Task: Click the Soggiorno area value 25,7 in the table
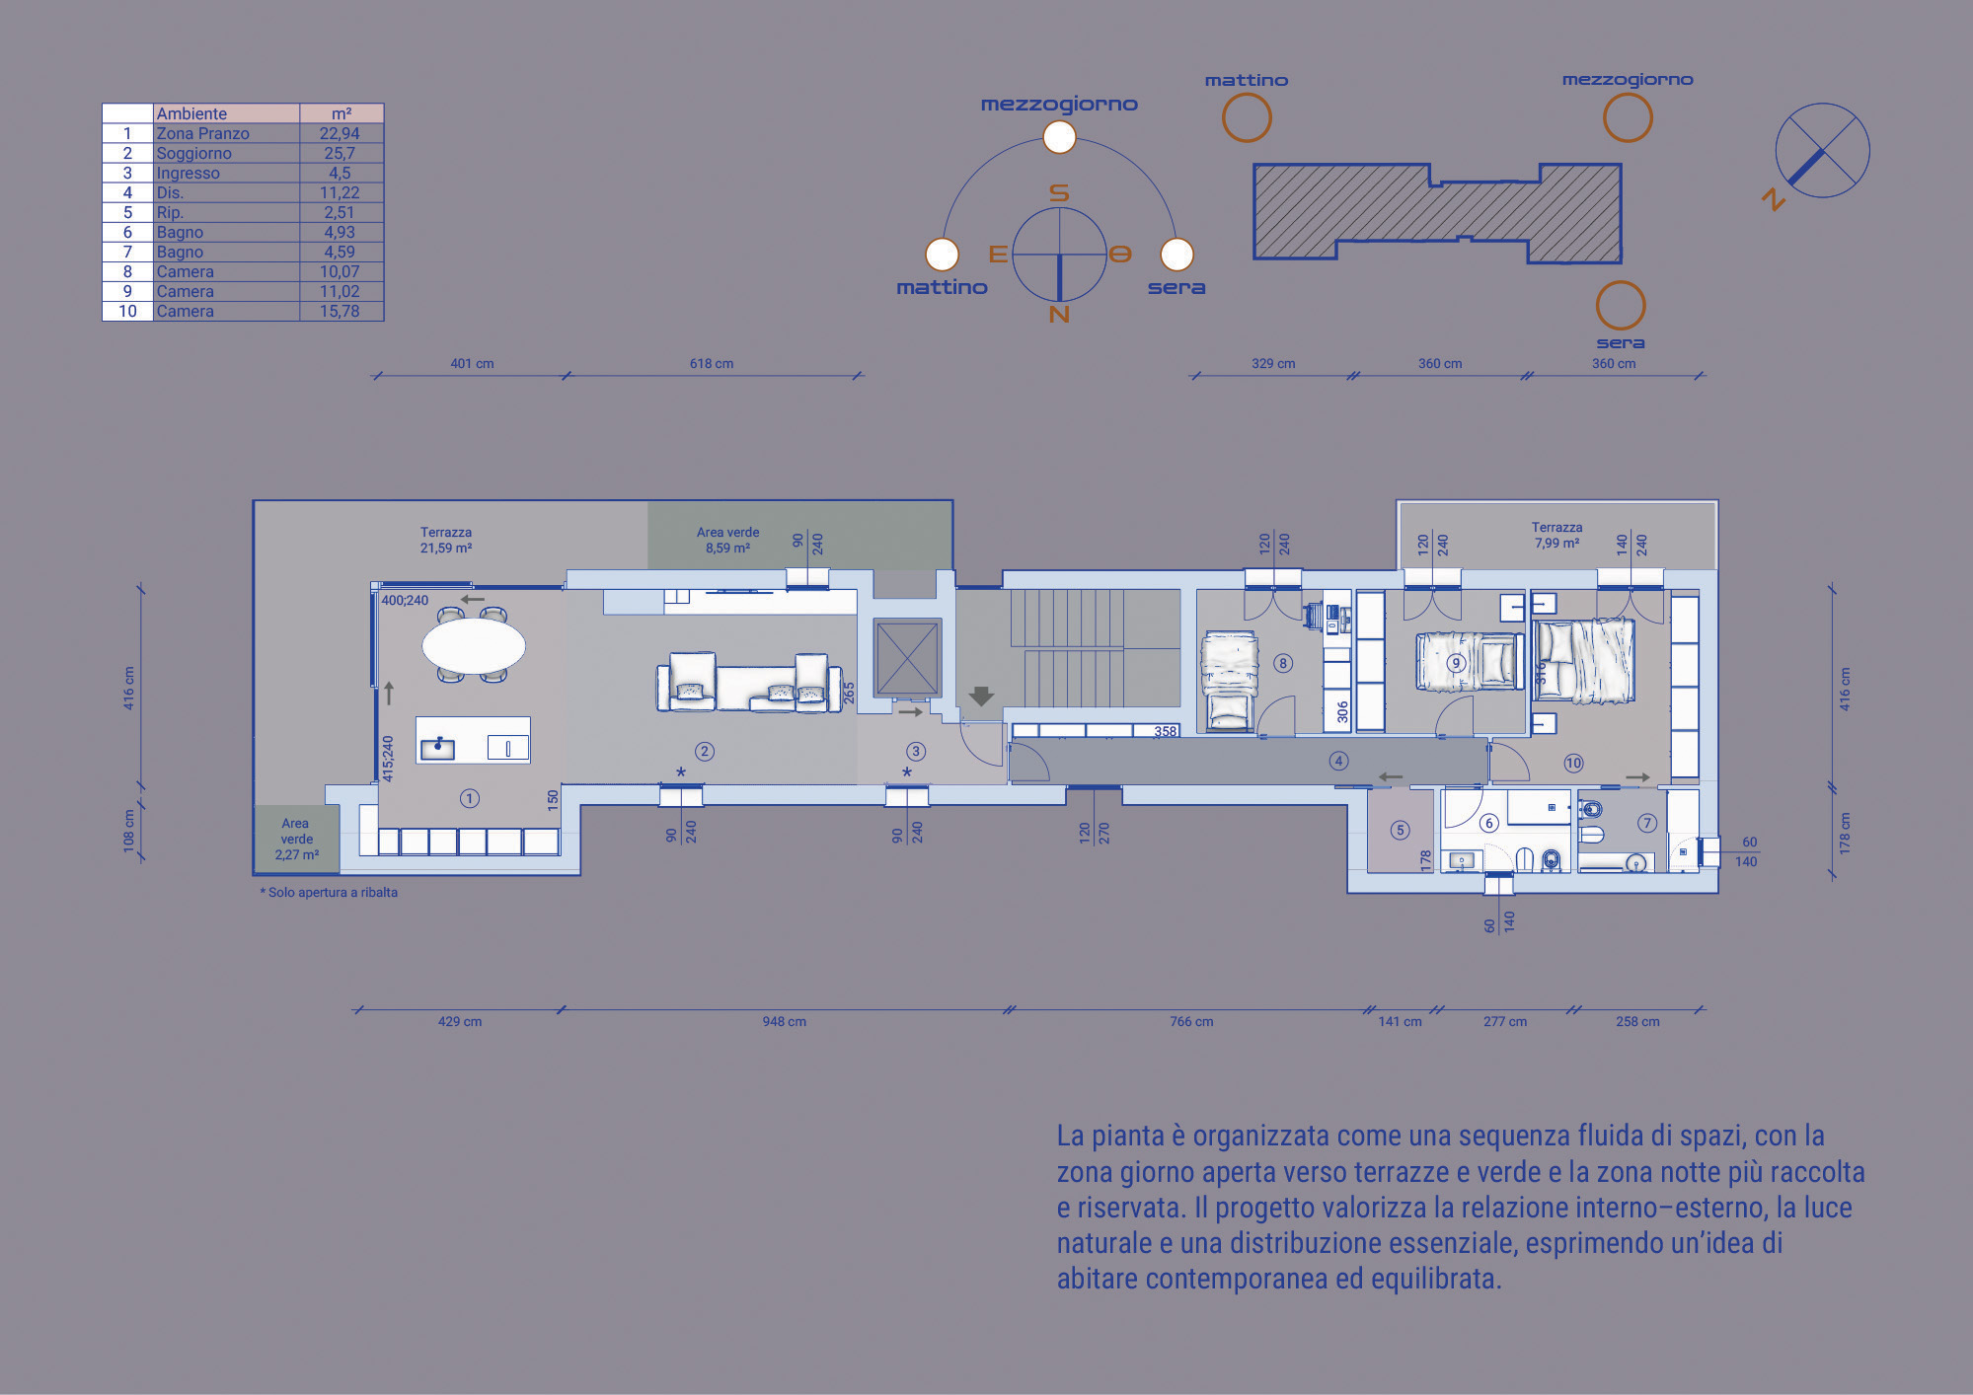click(x=340, y=153)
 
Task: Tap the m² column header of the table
click(x=341, y=113)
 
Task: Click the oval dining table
click(x=474, y=646)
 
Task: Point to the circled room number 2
click(x=705, y=751)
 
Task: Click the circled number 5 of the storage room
click(x=1400, y=830)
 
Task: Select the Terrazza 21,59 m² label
click(x=446, y=540)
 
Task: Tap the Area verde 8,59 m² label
click(x=728, y=540)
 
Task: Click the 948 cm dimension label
click(x=784, y=1021)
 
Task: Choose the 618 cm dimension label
click(x=712, y=363)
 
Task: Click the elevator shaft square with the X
click(x=907, y=658)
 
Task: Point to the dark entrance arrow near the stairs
click(x=981, y=696)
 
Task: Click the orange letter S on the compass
click(x=1059, y=192)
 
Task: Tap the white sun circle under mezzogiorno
click(x=1059, y=137)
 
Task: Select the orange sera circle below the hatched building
click(x=1621, y=305)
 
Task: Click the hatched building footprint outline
click(x=1254, y=212)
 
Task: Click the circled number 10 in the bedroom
click(x=1573, y=763)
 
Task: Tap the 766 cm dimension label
click(x=1191, y=1021)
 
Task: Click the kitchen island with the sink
click(x=473, y=740)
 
